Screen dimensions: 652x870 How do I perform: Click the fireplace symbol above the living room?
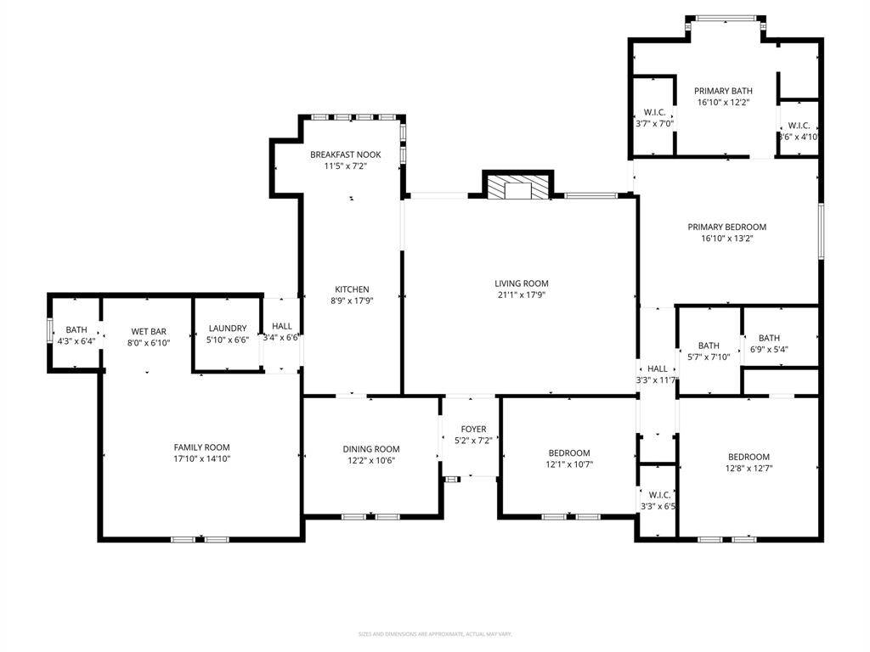pyautogui.click(x=517, y=189)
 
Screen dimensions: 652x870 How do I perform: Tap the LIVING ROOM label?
pyautogui.click(x=522, y=284)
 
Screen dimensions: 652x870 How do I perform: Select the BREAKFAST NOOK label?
pyautogui.click(x=345, y=155)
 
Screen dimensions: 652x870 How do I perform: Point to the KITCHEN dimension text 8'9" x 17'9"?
pyautogui.click(x=351, y=301)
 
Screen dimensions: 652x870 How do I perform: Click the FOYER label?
pyautogui.click(x=473, y=430)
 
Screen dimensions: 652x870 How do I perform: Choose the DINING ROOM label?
pyautogui.click(x=370, y=449)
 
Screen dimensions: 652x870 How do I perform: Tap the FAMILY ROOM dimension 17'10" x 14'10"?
pyautogui.click(x=201, y=458)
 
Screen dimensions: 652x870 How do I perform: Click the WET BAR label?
pyautogui.click(x=148, y=332)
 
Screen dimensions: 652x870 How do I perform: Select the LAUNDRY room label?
pyautogui.click(x=228, y=329)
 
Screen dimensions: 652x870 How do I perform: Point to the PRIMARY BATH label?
pyautogui.click(x=723, y=91)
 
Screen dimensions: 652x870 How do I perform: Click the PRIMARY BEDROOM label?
pyautogui.click(x=726, y=227)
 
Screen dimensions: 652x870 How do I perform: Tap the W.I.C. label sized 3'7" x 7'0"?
pyautogui.click(x=654, y=112)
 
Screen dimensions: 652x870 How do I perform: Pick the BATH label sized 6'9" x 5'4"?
pyautogui.click(x=769, y=338)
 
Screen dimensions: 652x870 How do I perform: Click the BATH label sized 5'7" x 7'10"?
pyautogui.click(x=709, y=346)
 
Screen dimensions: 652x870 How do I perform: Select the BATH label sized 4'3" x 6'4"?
pyautogui.click(x=76, y=330)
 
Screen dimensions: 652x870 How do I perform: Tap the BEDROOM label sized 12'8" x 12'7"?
pyautogui.click(x=748, y=457)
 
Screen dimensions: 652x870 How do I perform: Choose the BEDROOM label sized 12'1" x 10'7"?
pyautogui.click(x=568, y=453)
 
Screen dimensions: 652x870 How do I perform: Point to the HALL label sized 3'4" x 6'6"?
pyautogui.click(x=281, y=326)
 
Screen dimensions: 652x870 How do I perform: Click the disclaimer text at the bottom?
pyautogui.click(x=435, y=634)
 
